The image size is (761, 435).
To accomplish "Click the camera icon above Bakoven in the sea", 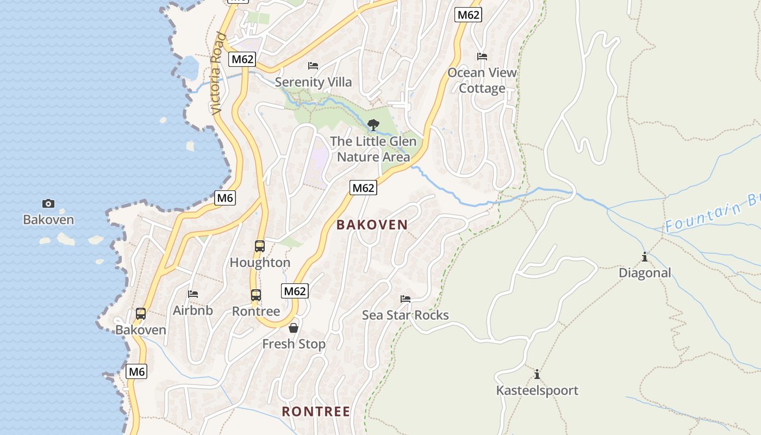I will pyautogui.click(x=48, y=204).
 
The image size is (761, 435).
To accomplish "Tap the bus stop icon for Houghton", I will pyautogui.click(x=260, y=246).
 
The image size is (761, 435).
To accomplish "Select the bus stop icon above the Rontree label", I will pyautogui.click(x=256, y=295).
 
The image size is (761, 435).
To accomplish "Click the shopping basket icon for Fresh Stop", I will pyautogui.click(x=294, y=328).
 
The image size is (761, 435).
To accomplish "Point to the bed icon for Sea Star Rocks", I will pyautogui.click(x=406, y=299).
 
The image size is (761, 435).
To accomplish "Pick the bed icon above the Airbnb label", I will pyautogui.click(x=193, y=294).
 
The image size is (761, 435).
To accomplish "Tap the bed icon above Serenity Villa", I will pyautogui.click(x=313, y=66).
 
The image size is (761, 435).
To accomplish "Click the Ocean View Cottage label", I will pyautogui.click(x=482, y=80).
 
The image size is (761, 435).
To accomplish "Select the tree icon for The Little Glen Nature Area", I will pyautogui.click(x=373, y=125).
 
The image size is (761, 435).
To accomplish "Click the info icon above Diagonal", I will pyautogui.click(x=645, y=257).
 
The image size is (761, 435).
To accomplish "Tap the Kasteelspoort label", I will pyautogui.click(x=537, y=390).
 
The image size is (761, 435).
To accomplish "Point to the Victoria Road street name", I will pyautogui.click(x=218, y=73).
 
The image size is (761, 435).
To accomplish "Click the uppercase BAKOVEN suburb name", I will pyautogui.click(x=372, y=225).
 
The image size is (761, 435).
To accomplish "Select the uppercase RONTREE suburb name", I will pyautogui.click(x=316, y=412).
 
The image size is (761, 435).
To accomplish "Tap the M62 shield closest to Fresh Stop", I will pyautogui.click(x=295, y=291).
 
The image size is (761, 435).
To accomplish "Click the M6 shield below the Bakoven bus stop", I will pyautogui.click(x=136, y=372).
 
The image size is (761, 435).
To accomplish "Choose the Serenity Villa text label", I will pyautogui.click(x=313, y=82).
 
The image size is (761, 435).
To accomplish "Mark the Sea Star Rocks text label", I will pyautogui.click(x=406, y=315).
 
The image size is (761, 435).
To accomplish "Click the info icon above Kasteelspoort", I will pyautogui.click(x=537, y=374).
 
